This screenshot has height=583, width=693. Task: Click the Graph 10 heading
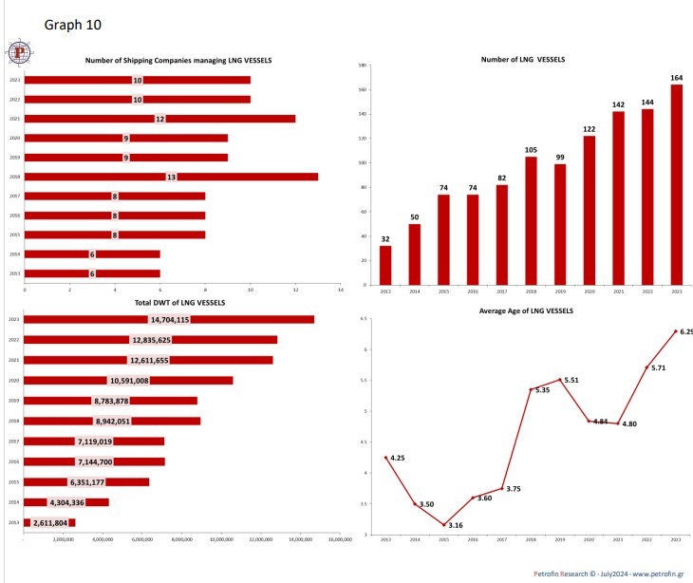tap(72, 23)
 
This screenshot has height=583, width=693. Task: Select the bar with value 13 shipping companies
tap(171, 177)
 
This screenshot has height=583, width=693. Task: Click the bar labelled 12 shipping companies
tap(159, 119)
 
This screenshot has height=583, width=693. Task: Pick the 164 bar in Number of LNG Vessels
tap(677, 184)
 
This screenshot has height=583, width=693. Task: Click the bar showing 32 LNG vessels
tap(384, 265)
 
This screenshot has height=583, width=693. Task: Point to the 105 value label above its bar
tap(531, 150)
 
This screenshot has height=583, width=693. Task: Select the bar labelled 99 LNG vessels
tap(560, 224)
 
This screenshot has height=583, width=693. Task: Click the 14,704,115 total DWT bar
tap(169, 319)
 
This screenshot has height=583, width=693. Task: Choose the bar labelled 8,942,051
tap(112, 421)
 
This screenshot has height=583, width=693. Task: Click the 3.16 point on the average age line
tap(443, 524)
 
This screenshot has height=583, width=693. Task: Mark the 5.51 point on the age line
tap(560, 380)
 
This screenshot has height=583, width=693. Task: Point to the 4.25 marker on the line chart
tap(385, 458)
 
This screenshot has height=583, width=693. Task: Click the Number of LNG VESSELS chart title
tap(523, 59)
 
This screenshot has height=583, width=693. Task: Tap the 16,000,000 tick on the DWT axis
tap(339, 539)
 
